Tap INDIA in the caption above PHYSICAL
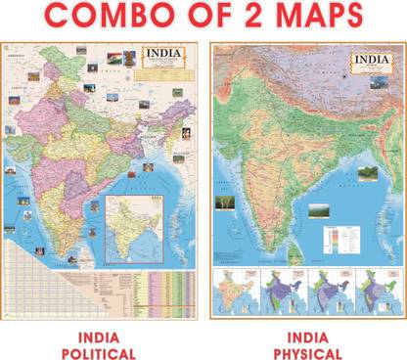pyautogui.click(x=307, y=336)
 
